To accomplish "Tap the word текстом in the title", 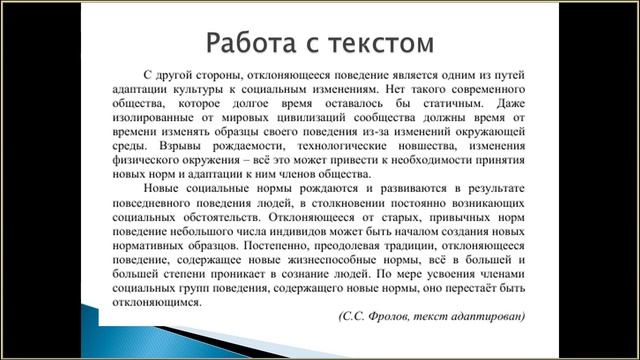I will [x=378, y=43].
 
